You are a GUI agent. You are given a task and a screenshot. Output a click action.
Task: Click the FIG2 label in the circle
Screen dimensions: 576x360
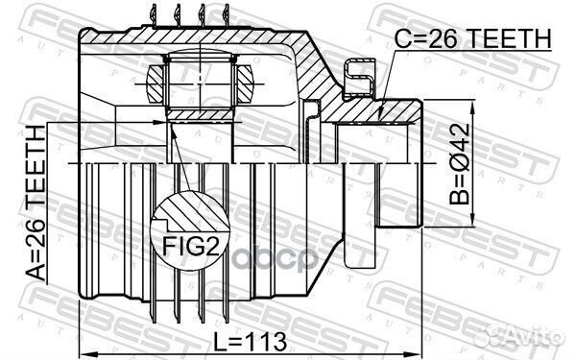(191, 246)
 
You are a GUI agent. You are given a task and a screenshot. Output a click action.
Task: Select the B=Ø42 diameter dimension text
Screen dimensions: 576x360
(460, 164)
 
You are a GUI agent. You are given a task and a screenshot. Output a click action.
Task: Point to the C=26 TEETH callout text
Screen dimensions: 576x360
(473, 38)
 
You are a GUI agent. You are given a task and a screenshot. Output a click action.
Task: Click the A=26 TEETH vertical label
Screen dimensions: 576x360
(36, 204)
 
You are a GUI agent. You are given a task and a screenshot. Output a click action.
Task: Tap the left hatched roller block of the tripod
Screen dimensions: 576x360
(155, 84)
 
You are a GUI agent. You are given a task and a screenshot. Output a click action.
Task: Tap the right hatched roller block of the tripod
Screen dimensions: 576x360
(245, 84)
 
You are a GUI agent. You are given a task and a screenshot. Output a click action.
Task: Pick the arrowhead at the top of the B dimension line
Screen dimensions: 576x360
(473, 106)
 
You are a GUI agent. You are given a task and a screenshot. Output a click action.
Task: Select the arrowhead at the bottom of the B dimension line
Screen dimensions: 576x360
(473, 222)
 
